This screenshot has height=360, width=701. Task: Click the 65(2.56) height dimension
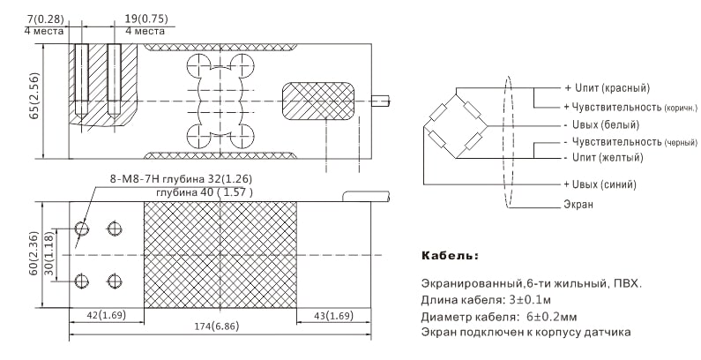coord(34,95)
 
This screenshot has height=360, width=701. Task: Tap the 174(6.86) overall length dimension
coord(216,326)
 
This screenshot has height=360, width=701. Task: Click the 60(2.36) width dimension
coord(34,253)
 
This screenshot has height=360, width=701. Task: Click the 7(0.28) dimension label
coord(46,19)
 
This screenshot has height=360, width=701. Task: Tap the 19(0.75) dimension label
coord(146,19)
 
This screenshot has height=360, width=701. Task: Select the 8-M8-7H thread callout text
coord(135,179)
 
